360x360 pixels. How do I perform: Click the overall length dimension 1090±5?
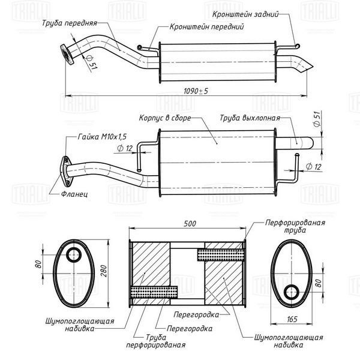196,91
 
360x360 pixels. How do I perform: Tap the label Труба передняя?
70,23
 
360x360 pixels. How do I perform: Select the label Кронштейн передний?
206,27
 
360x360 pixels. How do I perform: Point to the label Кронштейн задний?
245,14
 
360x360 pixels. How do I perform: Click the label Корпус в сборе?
165,118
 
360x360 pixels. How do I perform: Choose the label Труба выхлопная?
250,118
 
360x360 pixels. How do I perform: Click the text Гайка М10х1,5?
102,137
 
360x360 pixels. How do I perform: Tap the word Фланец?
74,194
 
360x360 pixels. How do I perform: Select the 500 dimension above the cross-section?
190,224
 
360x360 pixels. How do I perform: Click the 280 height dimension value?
104,271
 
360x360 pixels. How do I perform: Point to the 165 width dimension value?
292,319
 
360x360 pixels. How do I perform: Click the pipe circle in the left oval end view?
74,255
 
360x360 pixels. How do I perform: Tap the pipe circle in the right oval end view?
292,292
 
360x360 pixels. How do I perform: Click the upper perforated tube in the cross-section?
220,254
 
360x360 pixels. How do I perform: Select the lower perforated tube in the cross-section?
154,292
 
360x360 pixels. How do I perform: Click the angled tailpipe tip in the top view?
302,65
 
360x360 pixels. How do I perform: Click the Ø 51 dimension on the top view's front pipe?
91,62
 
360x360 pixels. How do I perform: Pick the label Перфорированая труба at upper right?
295,226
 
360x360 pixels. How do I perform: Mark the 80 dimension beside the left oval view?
38,264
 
